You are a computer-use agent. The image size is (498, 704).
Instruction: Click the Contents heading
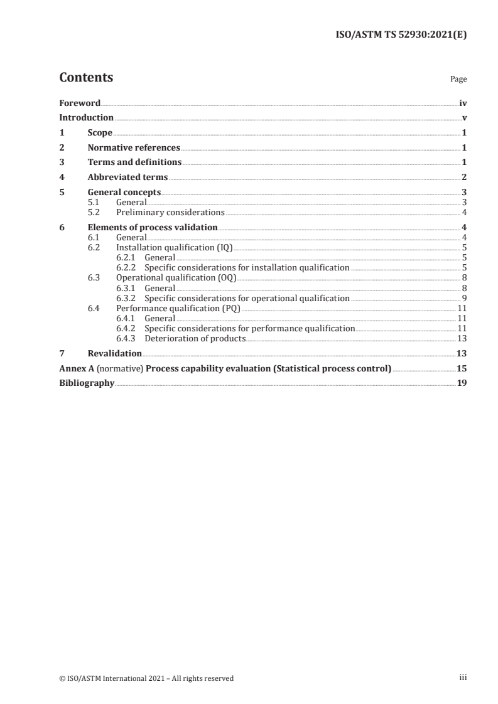tap(86, 78)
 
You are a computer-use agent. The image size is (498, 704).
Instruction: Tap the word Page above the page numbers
tap(458, 80)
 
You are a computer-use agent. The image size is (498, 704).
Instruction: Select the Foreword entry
tap(80, 103)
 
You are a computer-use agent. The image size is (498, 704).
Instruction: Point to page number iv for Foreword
tap(462, 103)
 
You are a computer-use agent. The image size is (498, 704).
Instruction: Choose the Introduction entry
tap(86, 117)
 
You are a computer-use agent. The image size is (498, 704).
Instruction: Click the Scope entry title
tap(100, 132)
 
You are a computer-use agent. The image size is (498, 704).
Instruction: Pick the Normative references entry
tap(134, 147)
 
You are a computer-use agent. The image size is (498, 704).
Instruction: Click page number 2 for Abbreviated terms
tap(463, 178)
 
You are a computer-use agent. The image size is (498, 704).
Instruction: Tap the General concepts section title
tap(124, 192)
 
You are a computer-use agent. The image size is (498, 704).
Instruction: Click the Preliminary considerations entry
tap(170, 212)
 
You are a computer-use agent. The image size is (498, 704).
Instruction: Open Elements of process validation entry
tap(153, 227)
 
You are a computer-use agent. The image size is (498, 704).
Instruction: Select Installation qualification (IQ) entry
tap(174, 247)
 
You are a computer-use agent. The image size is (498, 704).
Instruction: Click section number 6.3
tap(94, 278)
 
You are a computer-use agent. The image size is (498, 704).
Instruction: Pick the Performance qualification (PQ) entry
tap(178, 308)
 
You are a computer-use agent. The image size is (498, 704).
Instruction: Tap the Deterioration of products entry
tap(195, 338)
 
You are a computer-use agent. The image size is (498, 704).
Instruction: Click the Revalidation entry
tap(114, 353)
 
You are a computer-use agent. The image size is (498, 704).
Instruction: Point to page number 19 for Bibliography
tap(462, 383)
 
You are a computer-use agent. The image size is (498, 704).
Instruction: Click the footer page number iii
tap(463, 678)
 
